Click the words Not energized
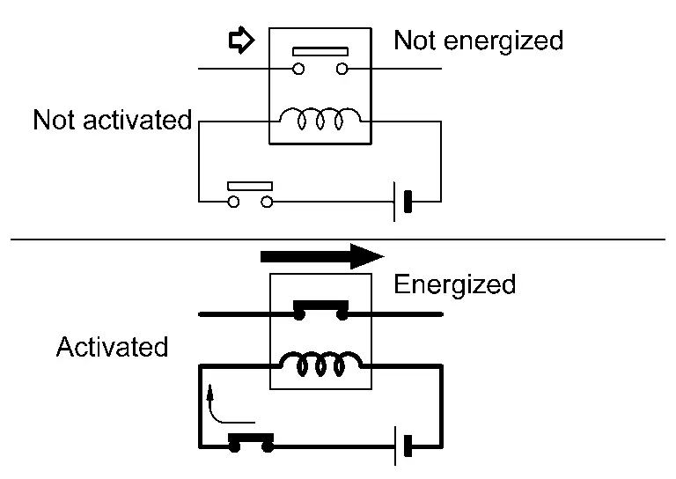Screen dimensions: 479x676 [x=478, y=41]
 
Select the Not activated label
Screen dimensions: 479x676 [x=112, y=120]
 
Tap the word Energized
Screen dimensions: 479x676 [x=454, y=284]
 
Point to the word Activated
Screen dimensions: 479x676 [x=112, y=347]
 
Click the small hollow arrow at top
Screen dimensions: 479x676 [x=240, y=41]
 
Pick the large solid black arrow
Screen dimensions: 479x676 [x=322, y=256]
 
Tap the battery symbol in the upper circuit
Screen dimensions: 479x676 [x=402, y=202]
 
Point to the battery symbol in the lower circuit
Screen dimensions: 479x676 [x=402, y=446]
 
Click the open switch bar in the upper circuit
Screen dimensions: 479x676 [x=250, y=186]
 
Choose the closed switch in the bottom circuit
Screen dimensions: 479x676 [x=251, y=440]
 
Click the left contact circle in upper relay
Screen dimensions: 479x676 [x=298, y=69]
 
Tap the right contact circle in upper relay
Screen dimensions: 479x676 [x=342, y=69]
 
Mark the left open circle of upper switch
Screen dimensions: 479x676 [x=233, y=202]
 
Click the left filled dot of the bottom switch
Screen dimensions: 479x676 [x=234, y=446]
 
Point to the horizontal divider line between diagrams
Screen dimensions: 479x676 [x=338, y=239]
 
